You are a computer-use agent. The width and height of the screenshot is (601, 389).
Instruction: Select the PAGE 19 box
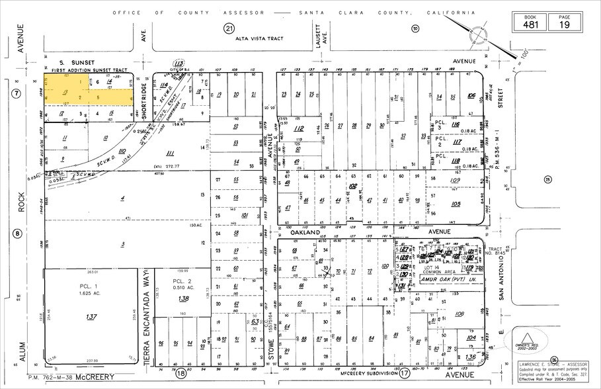coord(563,22)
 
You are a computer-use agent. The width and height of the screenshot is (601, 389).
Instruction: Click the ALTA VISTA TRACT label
coord(259,38)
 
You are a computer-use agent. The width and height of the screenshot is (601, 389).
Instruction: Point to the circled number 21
coord(229,28)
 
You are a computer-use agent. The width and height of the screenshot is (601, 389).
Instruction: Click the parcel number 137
coord(91,317)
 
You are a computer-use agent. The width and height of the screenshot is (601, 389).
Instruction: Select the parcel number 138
coord(183,299)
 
